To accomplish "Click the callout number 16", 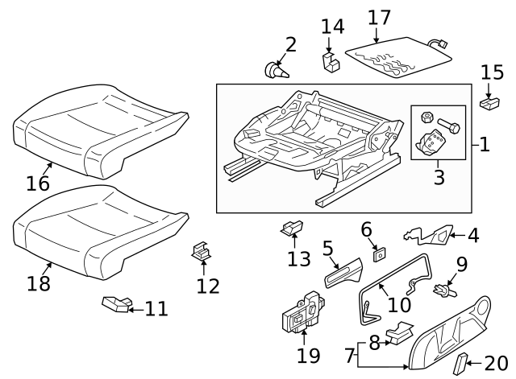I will pos(37,183).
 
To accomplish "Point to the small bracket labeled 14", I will pos(330,62).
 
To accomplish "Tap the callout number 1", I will pos(484,145).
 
